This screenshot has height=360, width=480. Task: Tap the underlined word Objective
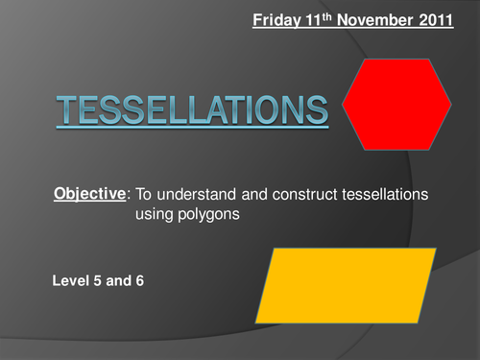(x=89, y=193)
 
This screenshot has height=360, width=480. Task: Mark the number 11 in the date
(x=311, y=18)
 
